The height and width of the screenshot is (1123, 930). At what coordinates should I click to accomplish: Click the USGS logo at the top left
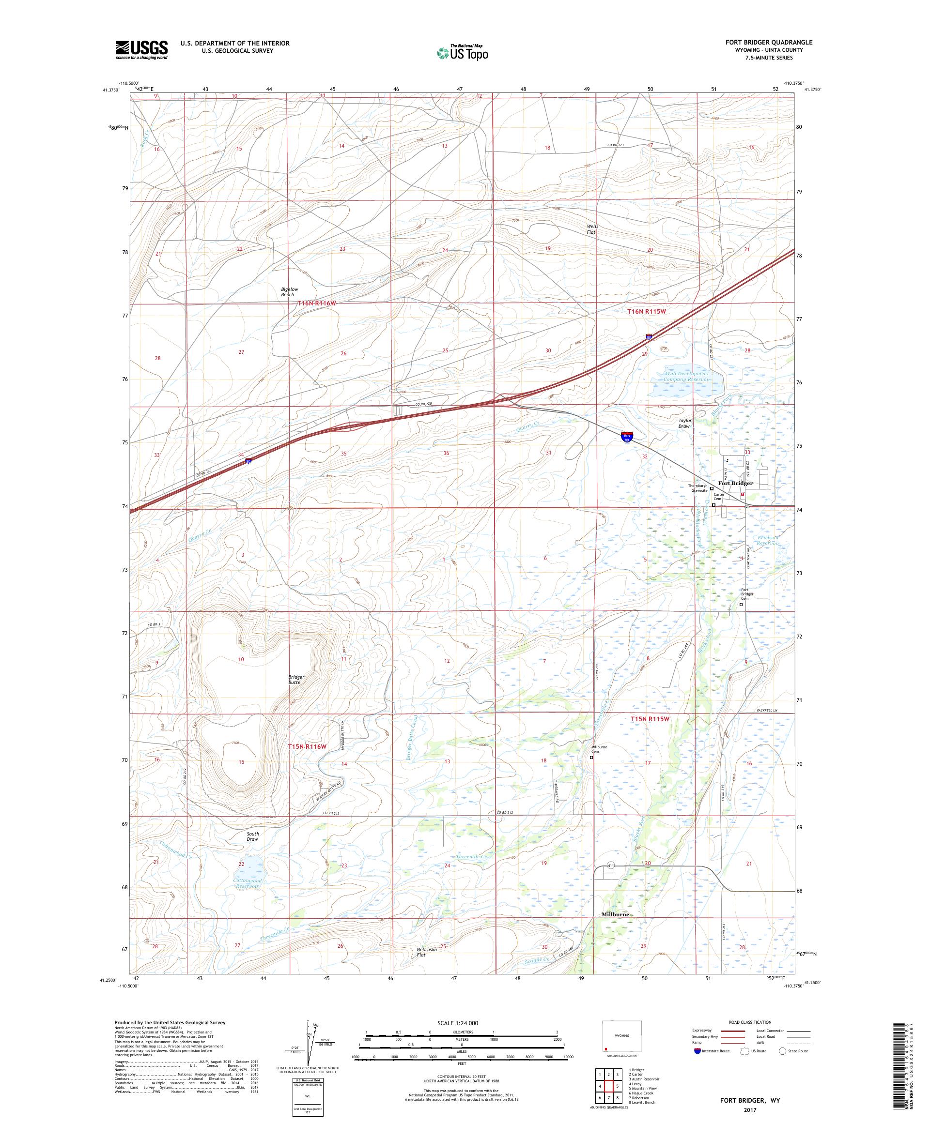pyautogui.click(x=141, y=50)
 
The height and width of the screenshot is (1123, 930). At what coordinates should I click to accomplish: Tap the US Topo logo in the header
pyautogui.click(x=462, y=52)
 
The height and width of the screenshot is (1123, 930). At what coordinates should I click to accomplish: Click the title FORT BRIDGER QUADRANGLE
pyautogui.click(x=767, y=42)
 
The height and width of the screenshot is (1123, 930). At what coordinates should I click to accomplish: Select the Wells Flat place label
pyautogui.click(x=592, y=229)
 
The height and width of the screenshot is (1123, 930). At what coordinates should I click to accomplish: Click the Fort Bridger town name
pyautogui.click(x=735, y=483)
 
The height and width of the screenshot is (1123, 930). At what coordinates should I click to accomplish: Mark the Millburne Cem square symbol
pyautogui.click(x=591, y=757)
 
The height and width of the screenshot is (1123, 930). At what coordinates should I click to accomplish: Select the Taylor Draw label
pyautogui.click(x=685, y=423)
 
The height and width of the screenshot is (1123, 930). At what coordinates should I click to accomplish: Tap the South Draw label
pyautogui.click(x=252, y=836)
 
